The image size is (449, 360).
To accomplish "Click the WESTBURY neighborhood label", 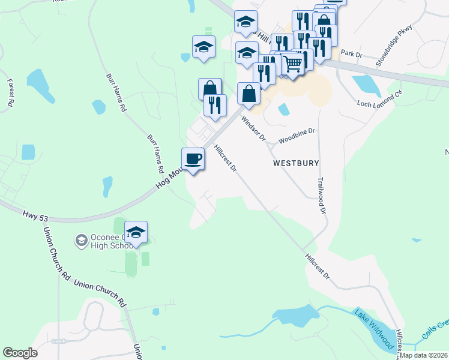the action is point(295,163).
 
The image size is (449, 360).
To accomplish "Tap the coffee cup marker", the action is point(193,160).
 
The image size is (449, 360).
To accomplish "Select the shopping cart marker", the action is point(292,64).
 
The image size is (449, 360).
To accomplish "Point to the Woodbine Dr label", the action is point(297,136).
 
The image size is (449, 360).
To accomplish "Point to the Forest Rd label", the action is point(10,92).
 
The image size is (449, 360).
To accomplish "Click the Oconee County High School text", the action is point(112,241).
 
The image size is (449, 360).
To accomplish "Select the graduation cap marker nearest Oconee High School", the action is point(136,233).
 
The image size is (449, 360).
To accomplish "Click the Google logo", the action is point(20,353).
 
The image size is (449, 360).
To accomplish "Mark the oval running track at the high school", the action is point(131,265).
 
